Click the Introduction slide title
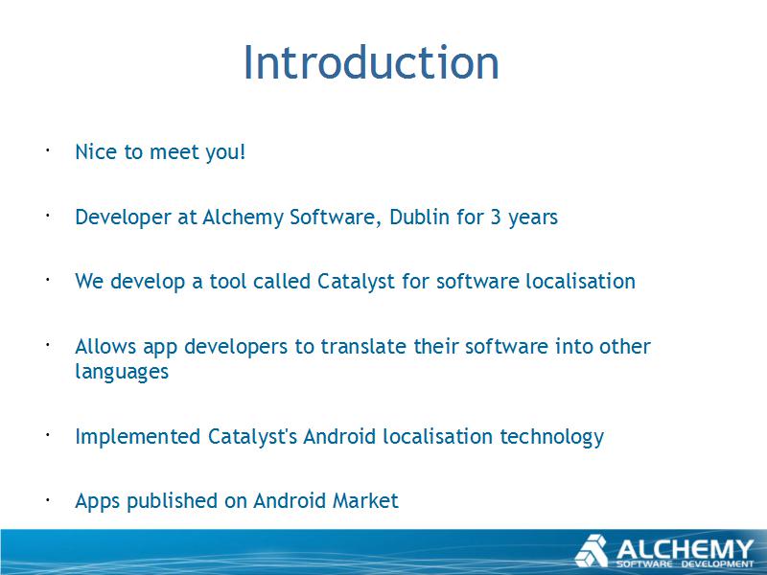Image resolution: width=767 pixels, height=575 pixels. (x=371, y=62)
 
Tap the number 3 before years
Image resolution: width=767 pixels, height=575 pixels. (x=496, y=218)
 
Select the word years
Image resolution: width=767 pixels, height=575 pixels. (x=533, y=218)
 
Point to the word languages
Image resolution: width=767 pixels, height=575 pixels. (x=122, y=372)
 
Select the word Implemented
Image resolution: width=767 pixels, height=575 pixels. (x=137, y=438)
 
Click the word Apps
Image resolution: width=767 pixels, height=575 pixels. (x=98, y=501)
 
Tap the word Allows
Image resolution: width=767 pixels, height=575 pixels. (x=105, y=346)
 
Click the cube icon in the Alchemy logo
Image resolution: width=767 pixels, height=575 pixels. (x=591, y=551)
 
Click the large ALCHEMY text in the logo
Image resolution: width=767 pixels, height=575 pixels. (x=685, y=549)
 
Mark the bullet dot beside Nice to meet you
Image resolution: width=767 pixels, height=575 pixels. (x=48, y=150)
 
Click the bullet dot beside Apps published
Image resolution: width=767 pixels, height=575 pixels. (x=48, y=499)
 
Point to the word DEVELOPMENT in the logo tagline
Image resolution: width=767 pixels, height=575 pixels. (x=717, y=564)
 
